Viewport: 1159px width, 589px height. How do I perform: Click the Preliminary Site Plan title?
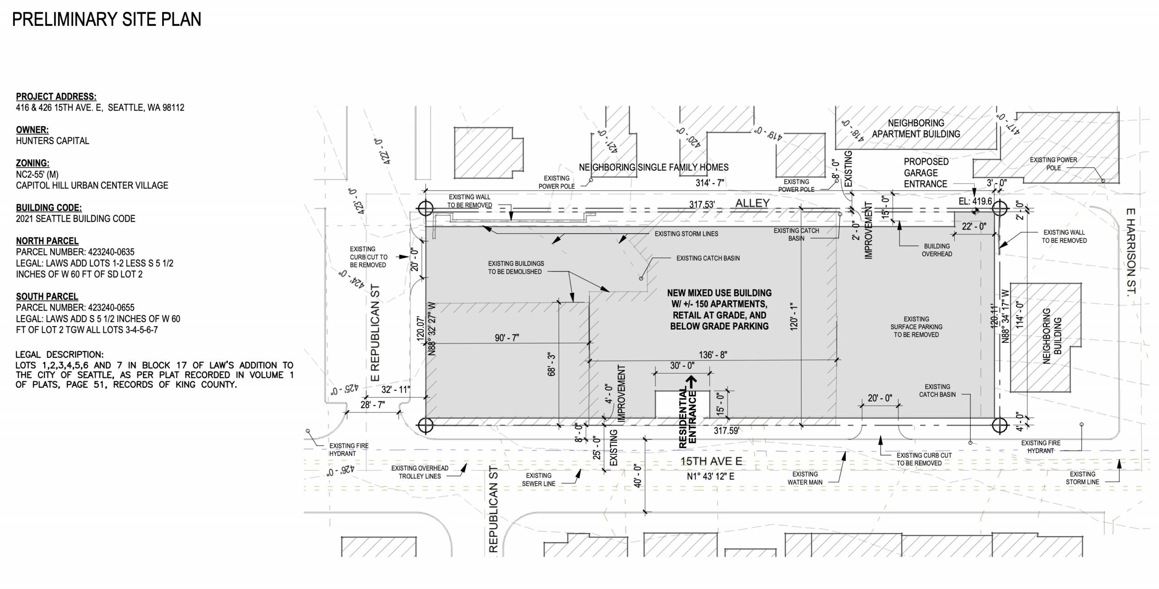(106, 19)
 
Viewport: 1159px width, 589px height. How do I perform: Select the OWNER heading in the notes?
(32, 130)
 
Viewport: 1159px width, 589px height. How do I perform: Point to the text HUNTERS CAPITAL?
(53, 141)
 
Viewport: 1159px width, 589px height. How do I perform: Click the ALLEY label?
(752, 203)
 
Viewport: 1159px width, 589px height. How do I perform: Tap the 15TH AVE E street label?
(712, 461)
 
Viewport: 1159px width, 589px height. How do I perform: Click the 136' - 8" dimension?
(714, 355)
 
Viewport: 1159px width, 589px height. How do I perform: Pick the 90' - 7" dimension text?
(507, 338)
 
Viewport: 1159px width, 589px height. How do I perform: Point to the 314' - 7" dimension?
(710, 183)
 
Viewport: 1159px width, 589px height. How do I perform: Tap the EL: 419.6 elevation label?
(975, 201)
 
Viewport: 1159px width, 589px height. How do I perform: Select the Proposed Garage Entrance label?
(926, 173)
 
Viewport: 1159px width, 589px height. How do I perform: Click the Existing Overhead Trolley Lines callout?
(420, 472)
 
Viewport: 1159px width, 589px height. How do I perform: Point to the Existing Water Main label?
(805, 478)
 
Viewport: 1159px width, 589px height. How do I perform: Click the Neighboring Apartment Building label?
(916, 129)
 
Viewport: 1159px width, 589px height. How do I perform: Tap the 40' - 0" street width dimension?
(638, 476)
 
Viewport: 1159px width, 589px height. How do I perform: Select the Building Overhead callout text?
(937, 250)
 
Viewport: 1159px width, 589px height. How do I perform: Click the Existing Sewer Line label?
(538, 479)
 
